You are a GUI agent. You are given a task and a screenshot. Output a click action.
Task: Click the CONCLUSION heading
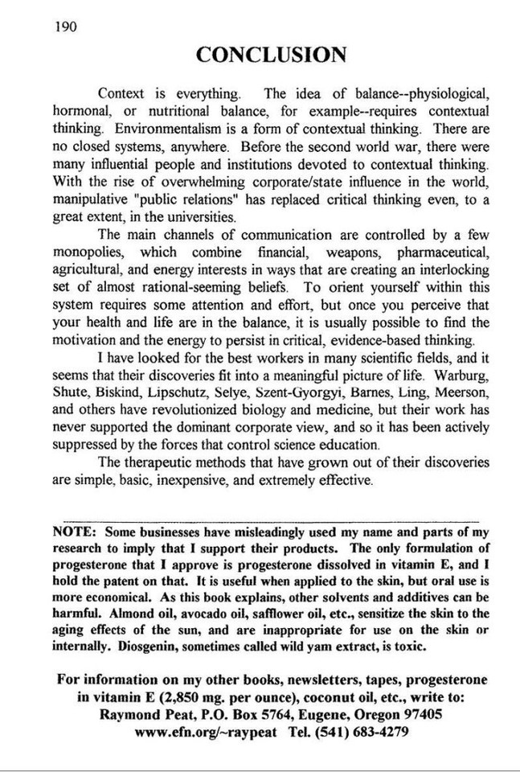271,55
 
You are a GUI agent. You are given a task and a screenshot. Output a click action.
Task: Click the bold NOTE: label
74,532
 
